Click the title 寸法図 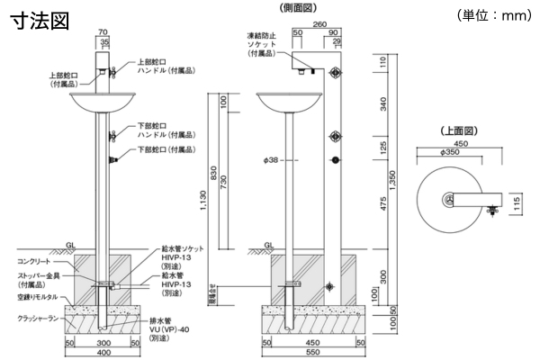[39, 22]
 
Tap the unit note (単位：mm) [496, 15]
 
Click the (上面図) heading [458, 131]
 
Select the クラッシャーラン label [39, 318]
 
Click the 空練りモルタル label [37, 296]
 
